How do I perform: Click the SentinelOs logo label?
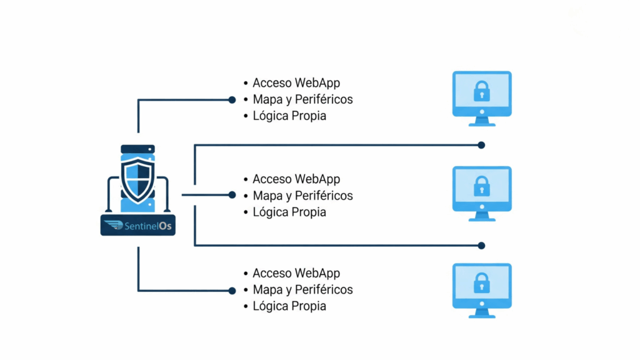(138, 226)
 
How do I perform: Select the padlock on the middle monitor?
(482, 186)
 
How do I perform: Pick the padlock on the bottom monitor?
(482, 283)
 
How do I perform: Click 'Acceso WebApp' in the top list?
(296, 82)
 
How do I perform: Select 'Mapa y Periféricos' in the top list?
(302, 99)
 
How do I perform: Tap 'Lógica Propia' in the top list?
(289, 116)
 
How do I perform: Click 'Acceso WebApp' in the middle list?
(296, 179)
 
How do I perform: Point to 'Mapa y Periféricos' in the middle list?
(302, 196)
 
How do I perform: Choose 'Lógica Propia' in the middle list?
(289, 212)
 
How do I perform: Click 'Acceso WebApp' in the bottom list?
(296, 273)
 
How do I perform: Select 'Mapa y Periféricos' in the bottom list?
(302, 289)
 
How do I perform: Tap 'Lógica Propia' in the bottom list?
(289, 306)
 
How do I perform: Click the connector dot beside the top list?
(232, 99)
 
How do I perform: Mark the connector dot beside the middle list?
(232, 195)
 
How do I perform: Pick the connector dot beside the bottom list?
(232, 290)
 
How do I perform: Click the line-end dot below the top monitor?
(481, 145)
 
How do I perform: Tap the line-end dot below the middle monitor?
(481, 246)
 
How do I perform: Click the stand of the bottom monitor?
(482, 312)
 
